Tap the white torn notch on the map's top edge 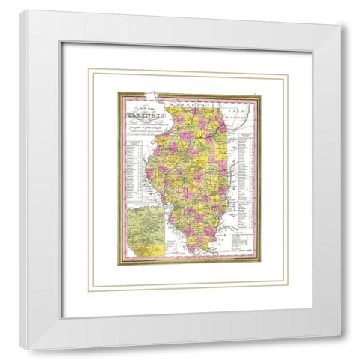pyautogui.click(x=154, y=95)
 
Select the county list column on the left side pyautogui.click(x=133, y=165)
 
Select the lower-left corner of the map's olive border pyautogui.click(x=118, y=264)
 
